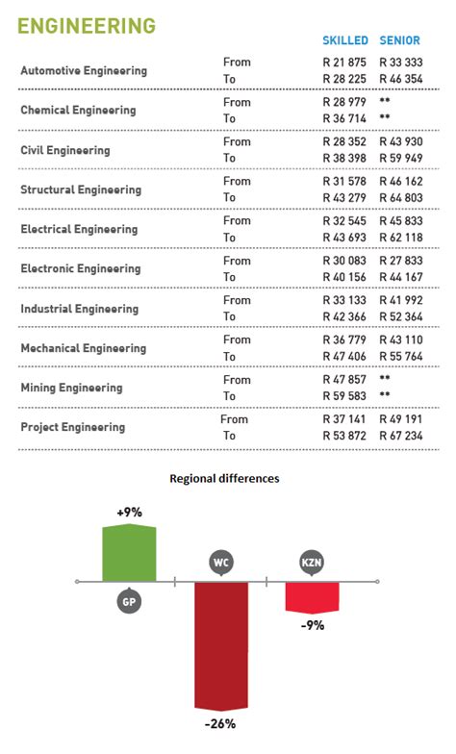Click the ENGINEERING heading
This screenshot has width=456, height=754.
point(87,25)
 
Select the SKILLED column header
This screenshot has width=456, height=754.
point(344,40)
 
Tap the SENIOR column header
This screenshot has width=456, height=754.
point(400,40)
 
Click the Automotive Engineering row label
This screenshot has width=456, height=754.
point(84,71)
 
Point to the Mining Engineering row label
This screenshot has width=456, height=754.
point(71,388)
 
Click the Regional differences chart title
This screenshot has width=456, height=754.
point(224,478)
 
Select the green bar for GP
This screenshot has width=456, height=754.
point(129,553)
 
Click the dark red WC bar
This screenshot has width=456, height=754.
point(222,644)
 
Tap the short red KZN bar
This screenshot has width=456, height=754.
point(312,596)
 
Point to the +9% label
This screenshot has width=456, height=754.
point(129,513)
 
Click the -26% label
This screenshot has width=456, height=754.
point(219,723)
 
